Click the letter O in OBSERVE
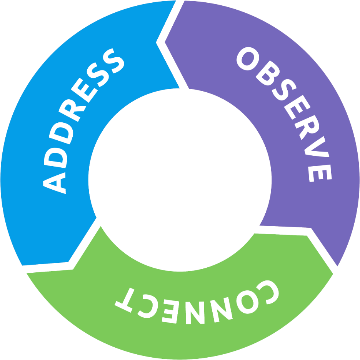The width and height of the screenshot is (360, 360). [x=248, y=59]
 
